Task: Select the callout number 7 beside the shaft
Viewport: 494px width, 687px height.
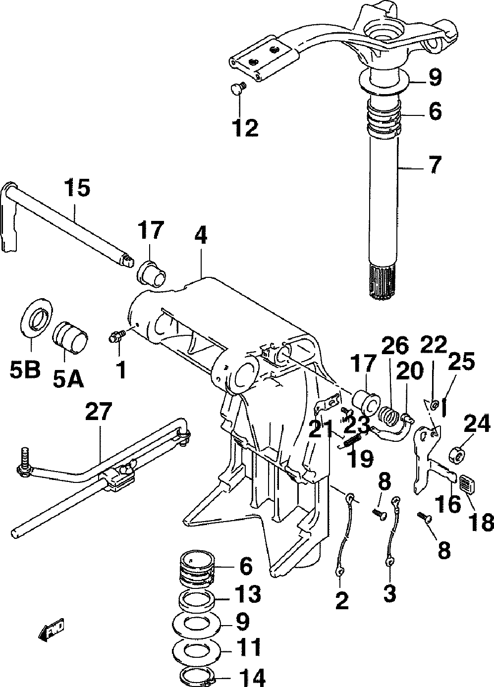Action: (x=434, y=165)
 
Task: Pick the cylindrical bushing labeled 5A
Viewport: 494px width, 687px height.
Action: (x=69, y=335)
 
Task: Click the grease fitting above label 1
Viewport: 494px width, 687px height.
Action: (x=116, y=337)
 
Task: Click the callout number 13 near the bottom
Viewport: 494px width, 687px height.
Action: (x=248, y=594)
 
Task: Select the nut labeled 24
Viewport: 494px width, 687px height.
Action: (x=456, y=453)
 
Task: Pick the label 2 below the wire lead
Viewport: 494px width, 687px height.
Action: (x=341, y=601)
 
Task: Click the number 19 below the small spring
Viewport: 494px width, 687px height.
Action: (x=360, y=459)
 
